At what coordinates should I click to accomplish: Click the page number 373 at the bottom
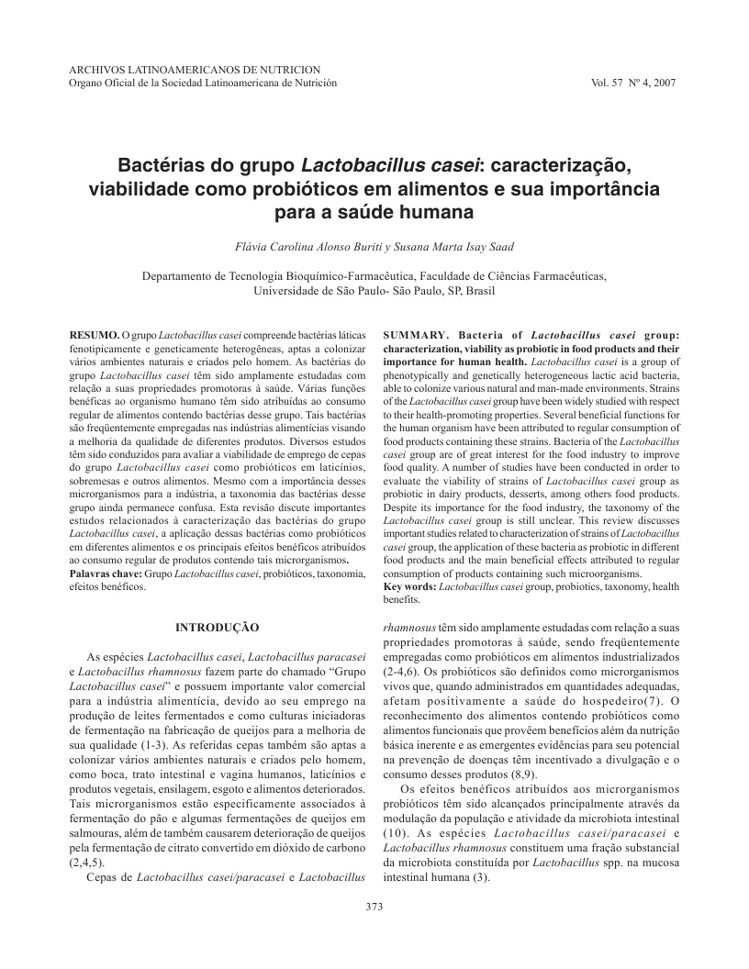(374, 908)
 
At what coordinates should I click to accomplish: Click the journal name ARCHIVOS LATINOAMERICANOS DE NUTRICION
(195, 69)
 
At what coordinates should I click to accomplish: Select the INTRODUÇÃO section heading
(218, 627)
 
